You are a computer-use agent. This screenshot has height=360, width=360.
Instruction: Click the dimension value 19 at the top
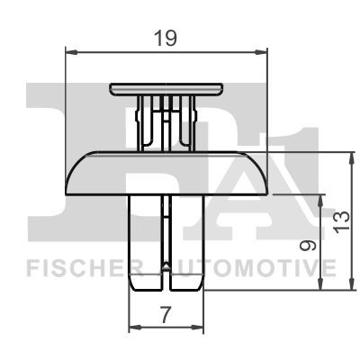166,39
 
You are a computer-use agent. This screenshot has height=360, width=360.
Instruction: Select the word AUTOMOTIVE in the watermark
249,267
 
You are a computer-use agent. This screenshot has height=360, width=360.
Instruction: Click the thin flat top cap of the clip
166,87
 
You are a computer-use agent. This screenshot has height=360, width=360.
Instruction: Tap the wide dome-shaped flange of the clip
166,173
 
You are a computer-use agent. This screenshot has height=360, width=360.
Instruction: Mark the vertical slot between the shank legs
167,247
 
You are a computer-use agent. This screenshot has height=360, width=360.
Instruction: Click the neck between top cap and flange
166,121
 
